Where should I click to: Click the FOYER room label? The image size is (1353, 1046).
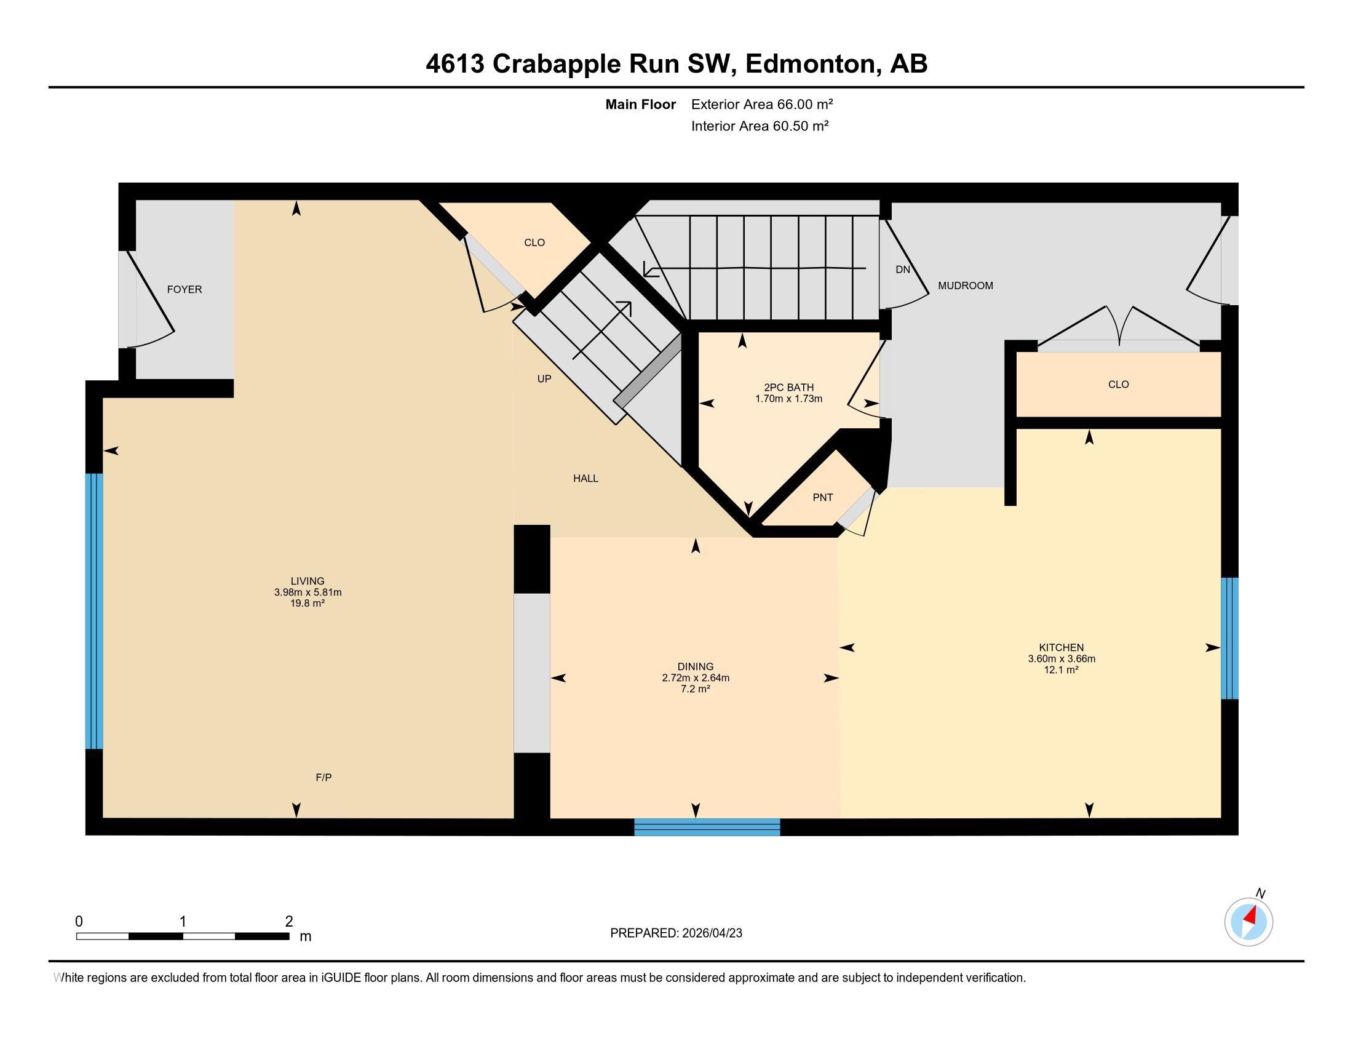(184, 289)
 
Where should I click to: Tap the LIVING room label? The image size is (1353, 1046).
(307, 581)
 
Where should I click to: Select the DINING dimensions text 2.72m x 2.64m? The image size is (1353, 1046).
(695, 678)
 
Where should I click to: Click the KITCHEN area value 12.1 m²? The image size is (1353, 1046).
(1061, 670)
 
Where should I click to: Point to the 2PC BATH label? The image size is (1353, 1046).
(788, 387)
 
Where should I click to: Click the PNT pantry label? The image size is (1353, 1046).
(822, 498)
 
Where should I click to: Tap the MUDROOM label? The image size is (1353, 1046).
(964, 285)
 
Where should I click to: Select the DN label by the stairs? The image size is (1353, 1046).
(903, 269)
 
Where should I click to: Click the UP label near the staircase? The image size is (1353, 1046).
(544, 378)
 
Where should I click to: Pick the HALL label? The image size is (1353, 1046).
(585, 478)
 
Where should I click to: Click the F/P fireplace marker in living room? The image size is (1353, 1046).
(323, 777)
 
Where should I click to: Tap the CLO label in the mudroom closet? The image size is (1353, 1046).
(1118, 384)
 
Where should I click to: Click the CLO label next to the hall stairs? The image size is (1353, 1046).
(534, 242)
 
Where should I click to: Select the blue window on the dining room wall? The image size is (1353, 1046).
(706, 826)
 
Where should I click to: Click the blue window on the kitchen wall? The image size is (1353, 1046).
(1229, 637)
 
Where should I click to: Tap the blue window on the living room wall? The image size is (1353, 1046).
(94, 611)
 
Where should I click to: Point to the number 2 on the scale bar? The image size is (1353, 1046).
(288, 922)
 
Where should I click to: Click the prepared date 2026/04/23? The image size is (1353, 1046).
(710, 933)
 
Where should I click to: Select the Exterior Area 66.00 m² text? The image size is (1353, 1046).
(761, 104)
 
